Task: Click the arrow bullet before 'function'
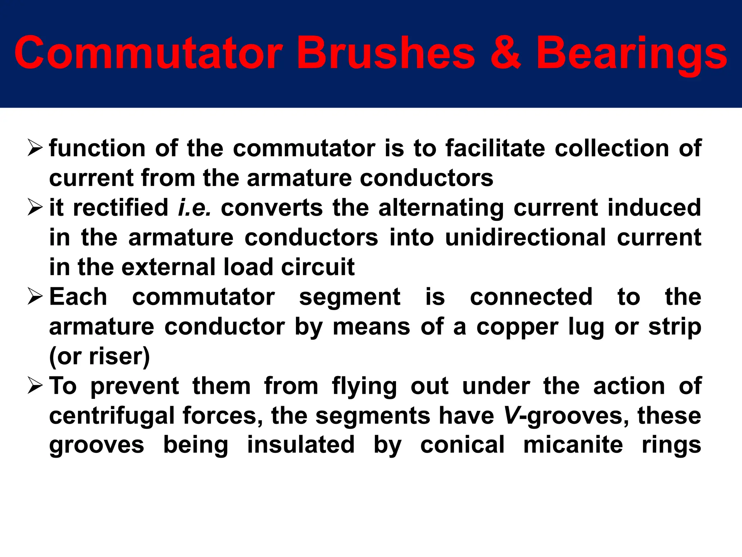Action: click(35, 148)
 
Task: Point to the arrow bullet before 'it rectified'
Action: click(35, 207)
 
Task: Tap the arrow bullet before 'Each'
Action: click(35, 297)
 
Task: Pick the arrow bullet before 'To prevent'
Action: click(35, 386)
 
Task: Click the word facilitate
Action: click(495, 148)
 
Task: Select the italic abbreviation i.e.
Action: click(195, 208)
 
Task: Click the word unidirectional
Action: click(525, 238)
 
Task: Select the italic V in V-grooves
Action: click(512, 416)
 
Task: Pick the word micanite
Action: click(573, 445)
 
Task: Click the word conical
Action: click(462, 445)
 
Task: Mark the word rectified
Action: click(121, 208)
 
